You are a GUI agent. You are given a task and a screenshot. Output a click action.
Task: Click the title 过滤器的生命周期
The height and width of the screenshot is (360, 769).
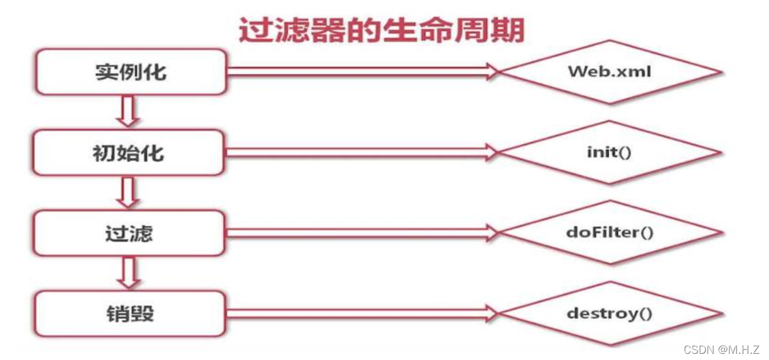coord(381,30)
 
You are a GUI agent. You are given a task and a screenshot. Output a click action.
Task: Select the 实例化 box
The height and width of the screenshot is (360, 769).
coord(130,72)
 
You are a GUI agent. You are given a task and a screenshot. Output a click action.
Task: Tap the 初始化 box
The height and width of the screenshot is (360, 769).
coord(129,152)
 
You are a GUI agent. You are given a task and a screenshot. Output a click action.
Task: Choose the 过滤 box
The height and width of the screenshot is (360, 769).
coord(129,233)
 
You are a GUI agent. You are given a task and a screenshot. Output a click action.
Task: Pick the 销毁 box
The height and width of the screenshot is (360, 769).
coord(129,314)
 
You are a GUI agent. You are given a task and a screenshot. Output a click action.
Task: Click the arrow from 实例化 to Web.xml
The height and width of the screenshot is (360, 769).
coord(363,71)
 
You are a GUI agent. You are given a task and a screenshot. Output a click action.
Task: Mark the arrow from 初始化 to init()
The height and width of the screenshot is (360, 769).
coord(363,152)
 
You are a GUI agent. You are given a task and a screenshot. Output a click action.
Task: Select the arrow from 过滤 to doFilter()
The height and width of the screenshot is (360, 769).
coord(363,232)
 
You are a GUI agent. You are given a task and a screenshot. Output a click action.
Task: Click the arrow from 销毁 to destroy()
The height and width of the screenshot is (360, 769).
coord(363,313)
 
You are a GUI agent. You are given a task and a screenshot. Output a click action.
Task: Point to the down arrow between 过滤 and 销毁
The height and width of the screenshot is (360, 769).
coord(128,273)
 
